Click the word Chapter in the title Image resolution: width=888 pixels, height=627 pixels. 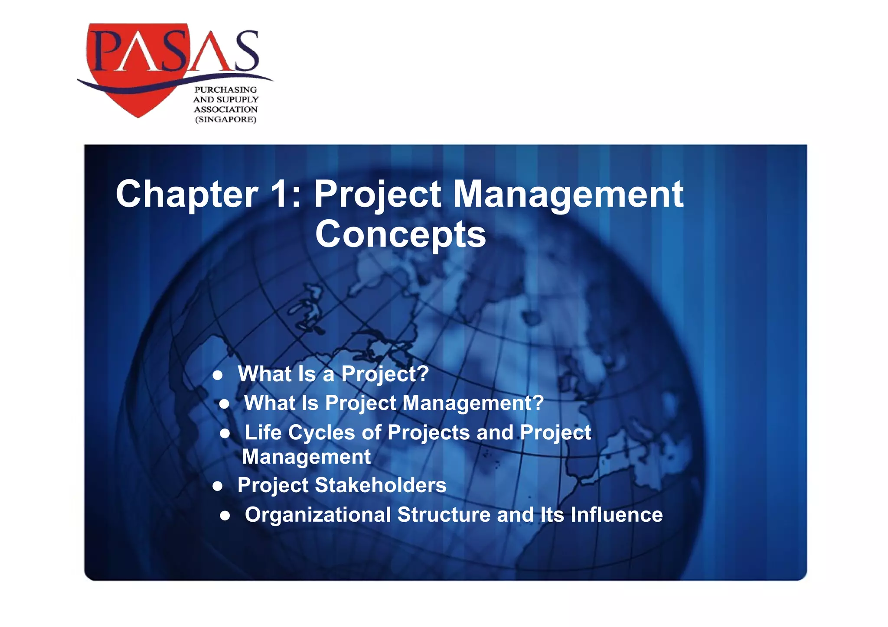pyautogui.click(x=187, y=195)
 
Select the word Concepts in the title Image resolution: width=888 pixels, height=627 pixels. pyautogui.click(x=400, y=234)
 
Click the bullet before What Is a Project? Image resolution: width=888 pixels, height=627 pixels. pyautogui.click(x=218, y=375)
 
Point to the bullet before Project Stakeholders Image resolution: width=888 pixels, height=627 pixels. pyautogui.click(x=218, y=486)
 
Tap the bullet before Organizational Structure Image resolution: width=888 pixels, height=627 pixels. pyautogui.click(x=225, y=515)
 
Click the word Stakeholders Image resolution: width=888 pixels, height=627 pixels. pyautogui.click(x=380, y=485)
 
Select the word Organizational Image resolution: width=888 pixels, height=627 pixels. pyautogui.click(x=318, y=515)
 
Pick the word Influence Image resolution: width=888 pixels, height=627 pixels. pyautogui.click(x=616, y=515)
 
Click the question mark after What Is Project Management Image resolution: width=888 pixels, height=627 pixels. pyautogui.click(x=538, y=403)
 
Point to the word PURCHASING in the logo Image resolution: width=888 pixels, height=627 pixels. pyautogui.click(x=225, y=90)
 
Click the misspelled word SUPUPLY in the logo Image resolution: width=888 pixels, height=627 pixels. pyautogui.click(x=238, y=100)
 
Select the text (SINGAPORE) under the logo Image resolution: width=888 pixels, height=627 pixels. pyautogui.click(x=225, y=120)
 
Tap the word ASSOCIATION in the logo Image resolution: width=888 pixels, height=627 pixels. pyautogui.click(x=225, y=110)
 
